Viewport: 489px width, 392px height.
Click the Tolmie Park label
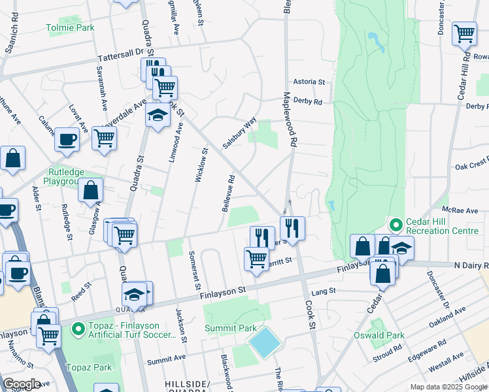pos(70,27)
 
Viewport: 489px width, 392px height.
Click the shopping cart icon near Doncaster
pos(464,33)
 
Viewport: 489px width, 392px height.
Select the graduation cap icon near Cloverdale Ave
pos(157,115)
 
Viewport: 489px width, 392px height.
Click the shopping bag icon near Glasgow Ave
pos(91,190)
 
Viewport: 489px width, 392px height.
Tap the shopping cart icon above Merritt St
pos(256,258)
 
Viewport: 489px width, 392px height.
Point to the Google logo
pos(22,384)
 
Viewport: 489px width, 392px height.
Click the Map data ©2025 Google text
pos(448,387)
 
